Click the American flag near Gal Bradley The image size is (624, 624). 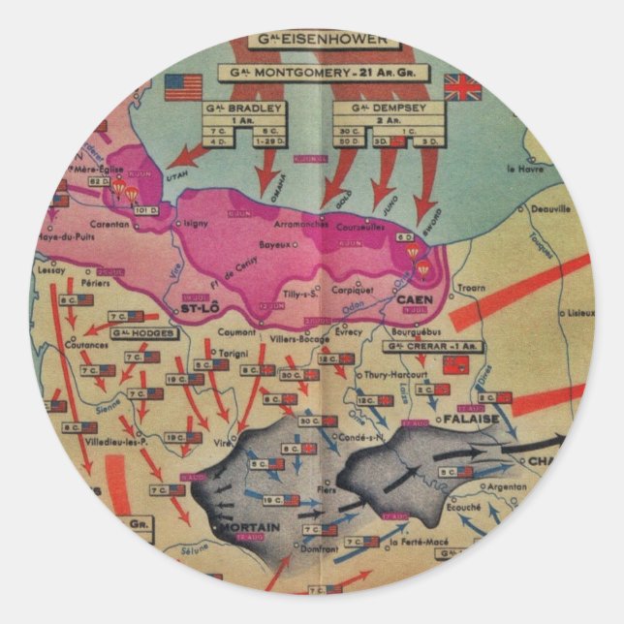coord(183,87)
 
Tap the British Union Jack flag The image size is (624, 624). coord(461,86)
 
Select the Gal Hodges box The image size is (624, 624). coord(139,334)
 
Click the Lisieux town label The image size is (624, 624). coord(581,313)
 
